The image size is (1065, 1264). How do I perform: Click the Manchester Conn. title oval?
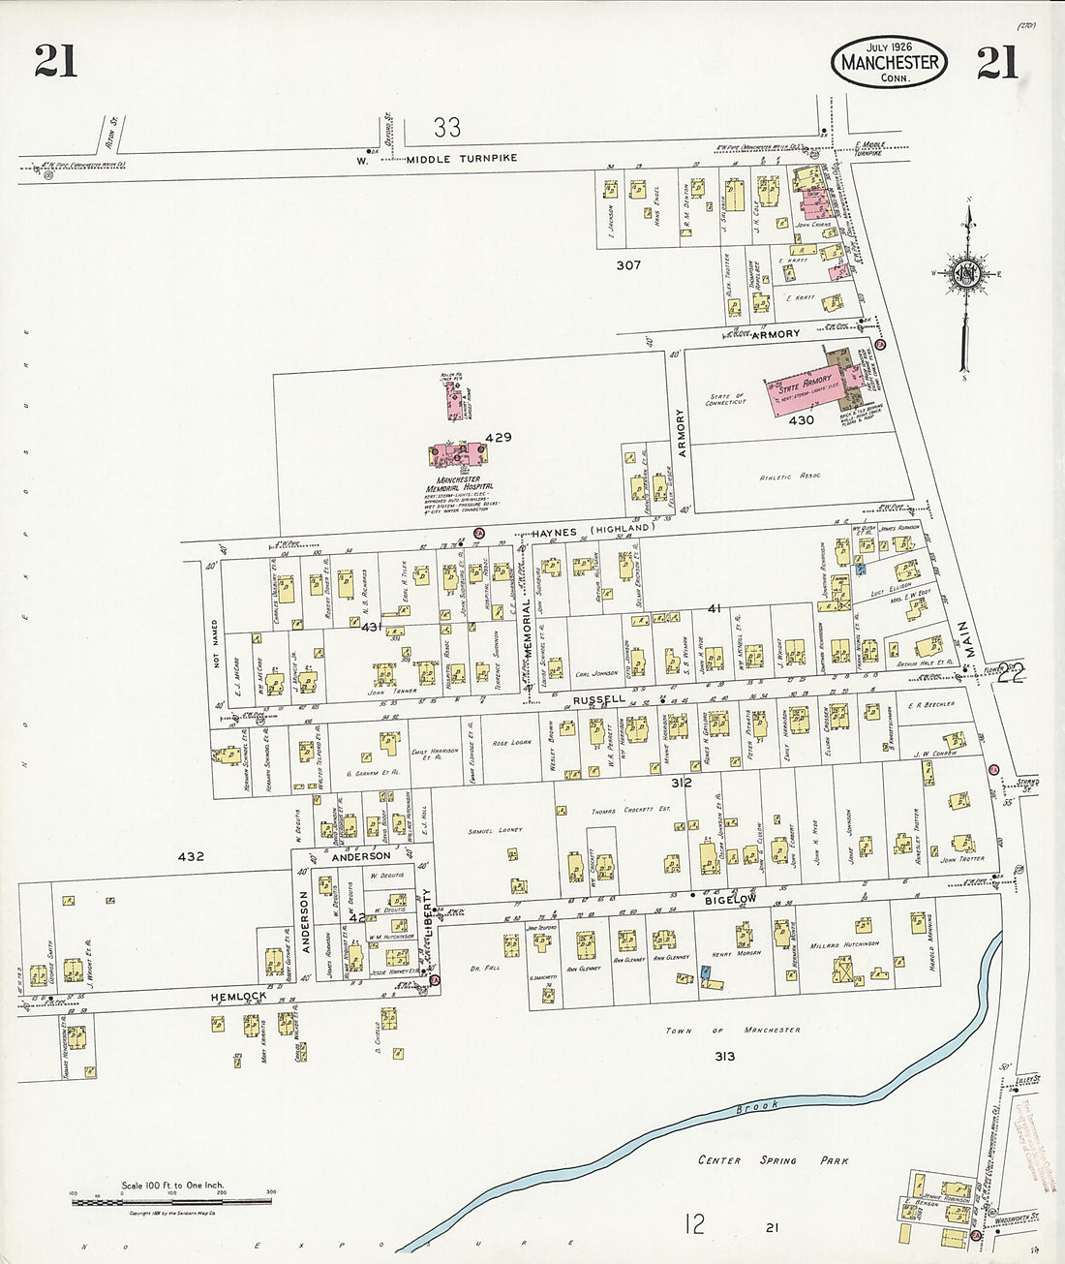888,63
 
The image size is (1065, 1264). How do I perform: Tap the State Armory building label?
803,383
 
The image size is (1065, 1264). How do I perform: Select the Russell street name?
599,698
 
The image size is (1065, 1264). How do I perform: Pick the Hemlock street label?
238,996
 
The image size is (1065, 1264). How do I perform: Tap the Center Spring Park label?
773,1160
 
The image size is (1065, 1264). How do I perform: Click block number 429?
499,438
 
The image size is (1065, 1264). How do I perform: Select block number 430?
801,420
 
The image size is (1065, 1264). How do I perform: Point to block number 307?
627,264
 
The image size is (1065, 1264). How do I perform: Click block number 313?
724,1056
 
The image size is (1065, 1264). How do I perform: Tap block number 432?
191,856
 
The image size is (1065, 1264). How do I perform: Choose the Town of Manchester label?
734,1030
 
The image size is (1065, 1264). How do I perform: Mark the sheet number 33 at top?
446,127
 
